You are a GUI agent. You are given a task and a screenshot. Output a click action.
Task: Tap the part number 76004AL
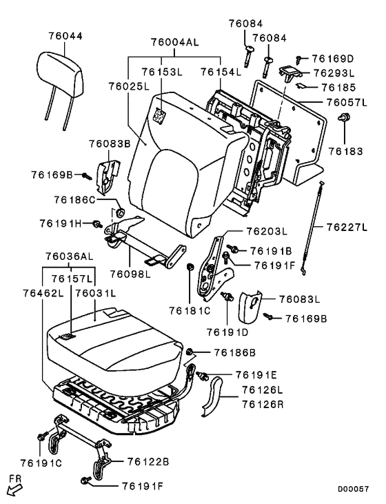tap(175, 42)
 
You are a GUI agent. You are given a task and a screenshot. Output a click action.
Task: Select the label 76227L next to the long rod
tap(347, 228)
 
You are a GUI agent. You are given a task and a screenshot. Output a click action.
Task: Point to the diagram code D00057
tap(353, 490)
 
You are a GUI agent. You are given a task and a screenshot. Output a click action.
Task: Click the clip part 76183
tap(344, 118)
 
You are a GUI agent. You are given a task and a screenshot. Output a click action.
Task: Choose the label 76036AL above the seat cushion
tap(70, 256)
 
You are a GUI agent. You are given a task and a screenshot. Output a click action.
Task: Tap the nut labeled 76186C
tap(121, 212)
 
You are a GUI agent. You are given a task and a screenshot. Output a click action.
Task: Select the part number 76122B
tap(148, 462)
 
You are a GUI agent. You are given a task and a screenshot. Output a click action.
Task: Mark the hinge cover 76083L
tap(250, 307)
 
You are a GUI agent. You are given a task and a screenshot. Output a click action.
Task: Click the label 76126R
tap(263, 404)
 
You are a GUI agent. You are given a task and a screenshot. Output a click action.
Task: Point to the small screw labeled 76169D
tap(299, 59)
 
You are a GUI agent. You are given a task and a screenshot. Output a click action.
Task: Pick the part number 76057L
tap(347, 103)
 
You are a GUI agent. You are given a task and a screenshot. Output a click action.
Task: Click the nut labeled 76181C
tap(190, 266)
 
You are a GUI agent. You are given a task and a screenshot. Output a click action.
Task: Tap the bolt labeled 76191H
tap(96, 224)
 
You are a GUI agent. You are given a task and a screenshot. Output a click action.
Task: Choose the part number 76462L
tap(43, 293)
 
